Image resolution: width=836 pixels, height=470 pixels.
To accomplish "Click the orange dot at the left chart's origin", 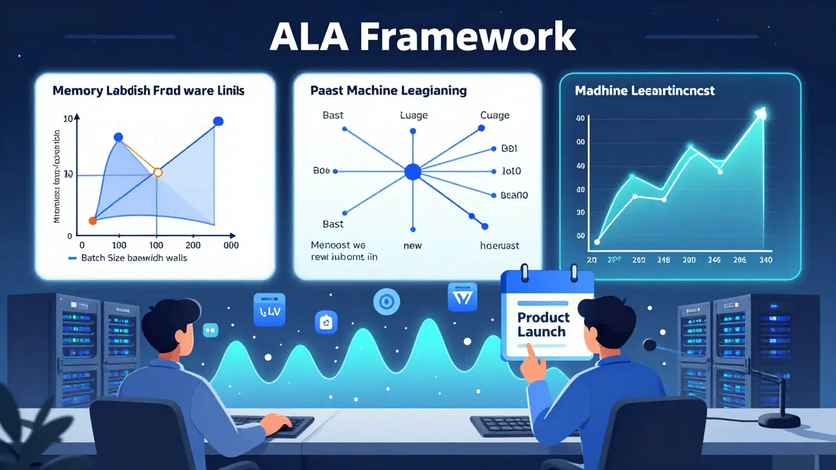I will (x=93, y=221).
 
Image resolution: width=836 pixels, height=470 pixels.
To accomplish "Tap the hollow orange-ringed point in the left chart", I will (x=157, y=172).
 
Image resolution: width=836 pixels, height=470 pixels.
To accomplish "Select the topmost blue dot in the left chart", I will (x=218, y=121).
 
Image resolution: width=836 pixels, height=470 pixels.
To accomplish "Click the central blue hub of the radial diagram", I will (x=413, y=172).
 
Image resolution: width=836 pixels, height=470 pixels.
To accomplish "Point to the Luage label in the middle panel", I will (x=413, y=116).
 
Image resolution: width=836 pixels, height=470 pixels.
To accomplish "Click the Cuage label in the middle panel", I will (x=494, y=116).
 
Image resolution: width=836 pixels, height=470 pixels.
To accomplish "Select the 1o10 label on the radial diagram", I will (x=511, y=172).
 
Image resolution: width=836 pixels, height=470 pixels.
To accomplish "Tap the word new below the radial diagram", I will (x=413, y=246).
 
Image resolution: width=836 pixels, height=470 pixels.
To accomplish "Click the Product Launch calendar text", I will (x=543, y=324).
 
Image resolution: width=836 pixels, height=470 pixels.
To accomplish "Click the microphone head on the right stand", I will (x=650, y=345).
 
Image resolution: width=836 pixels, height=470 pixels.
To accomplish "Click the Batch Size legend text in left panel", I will (x=134, y=258).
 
